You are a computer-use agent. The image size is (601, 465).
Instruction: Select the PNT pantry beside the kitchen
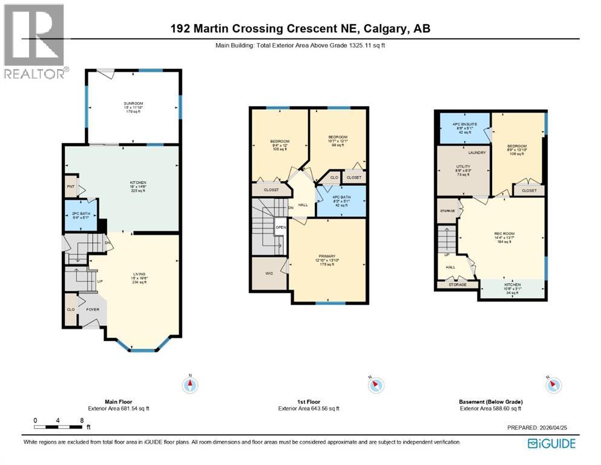coord(70,186)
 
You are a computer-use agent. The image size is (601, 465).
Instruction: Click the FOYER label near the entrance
coord(93,309)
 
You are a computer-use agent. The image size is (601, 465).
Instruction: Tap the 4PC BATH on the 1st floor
coord(341,201)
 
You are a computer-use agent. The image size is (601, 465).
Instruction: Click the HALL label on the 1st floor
coord(303,205)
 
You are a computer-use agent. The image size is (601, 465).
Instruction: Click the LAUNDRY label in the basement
coord(477,153)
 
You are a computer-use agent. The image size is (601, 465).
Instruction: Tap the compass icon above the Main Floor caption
coord(191,384)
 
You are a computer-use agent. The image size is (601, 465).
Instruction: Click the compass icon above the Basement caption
coord(553,384)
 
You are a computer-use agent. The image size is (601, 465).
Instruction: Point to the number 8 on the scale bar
coord(81,420)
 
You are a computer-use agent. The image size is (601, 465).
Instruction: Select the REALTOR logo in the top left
coord(35,41)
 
